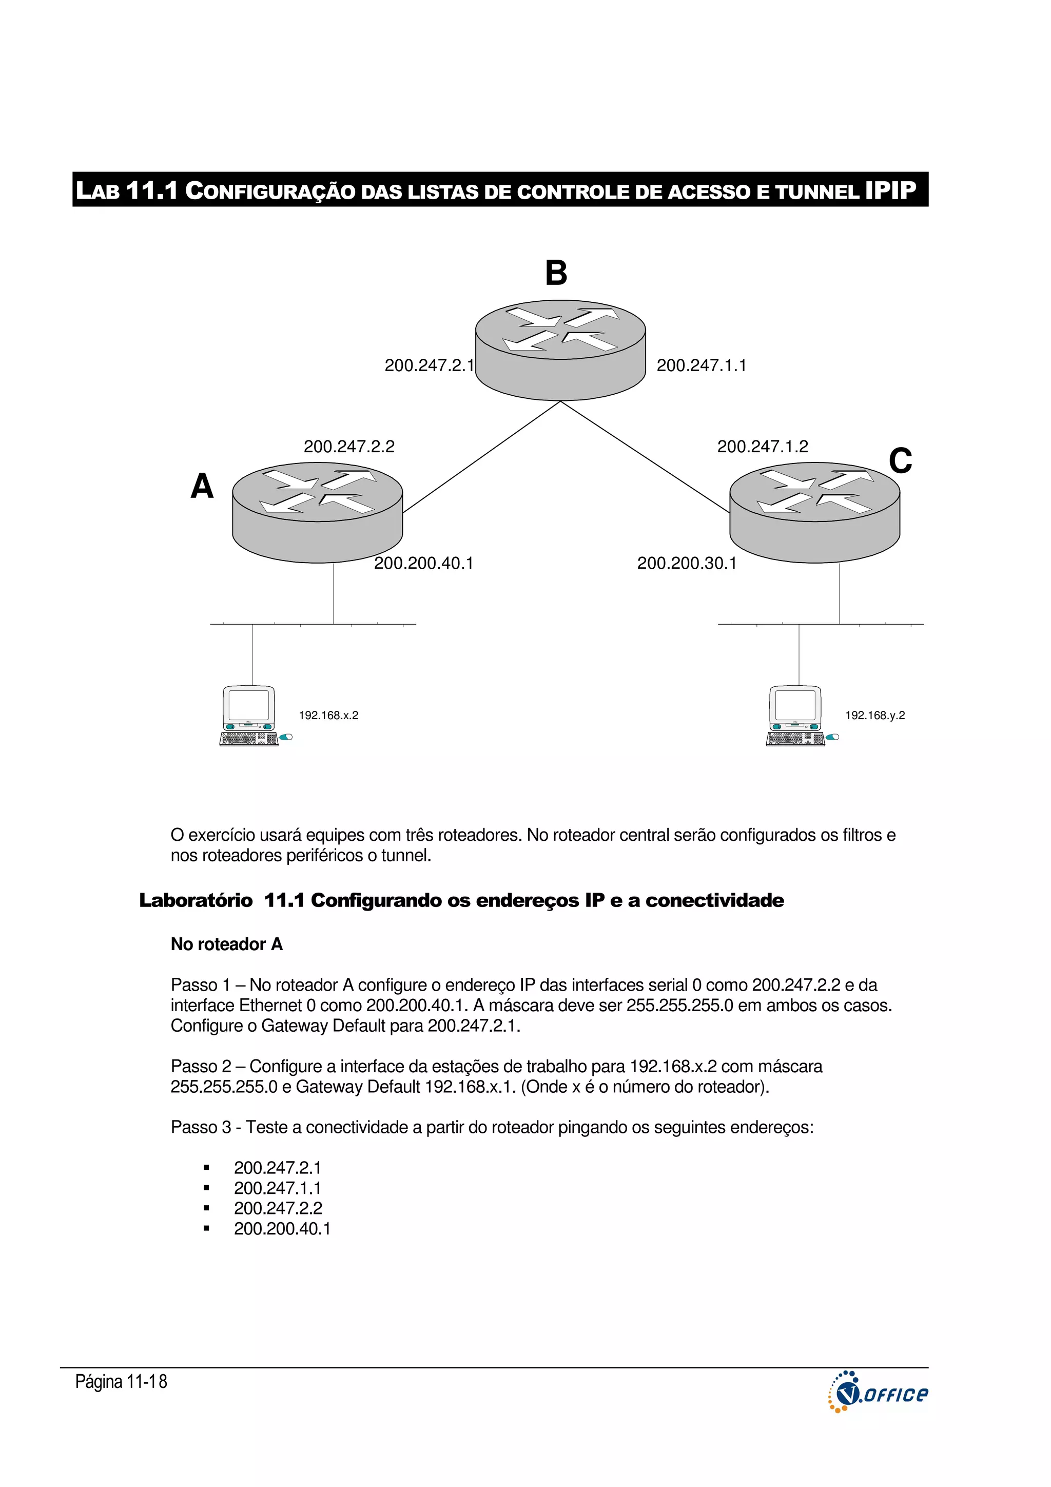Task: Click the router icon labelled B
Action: pos(560,350)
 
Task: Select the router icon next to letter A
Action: pos(317,512)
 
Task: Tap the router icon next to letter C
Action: pos(814,512)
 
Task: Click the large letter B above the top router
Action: pos(556,273)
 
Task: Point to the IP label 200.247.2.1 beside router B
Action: pos(429,365)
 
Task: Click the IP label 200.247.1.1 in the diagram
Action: pos(702,365)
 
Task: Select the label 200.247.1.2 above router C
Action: pos(762,446)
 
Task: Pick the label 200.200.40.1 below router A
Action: pos(423,563)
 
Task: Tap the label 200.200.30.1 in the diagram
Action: pos(687,563)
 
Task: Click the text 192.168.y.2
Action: pos(874,715)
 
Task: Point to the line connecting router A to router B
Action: pos(481,457)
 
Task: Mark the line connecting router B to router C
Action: pos(645,457)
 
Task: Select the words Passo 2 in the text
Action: pos(201,1066)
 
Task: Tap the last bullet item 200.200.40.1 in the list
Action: pos(282,1229)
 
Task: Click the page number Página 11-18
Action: pos(121,1381)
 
